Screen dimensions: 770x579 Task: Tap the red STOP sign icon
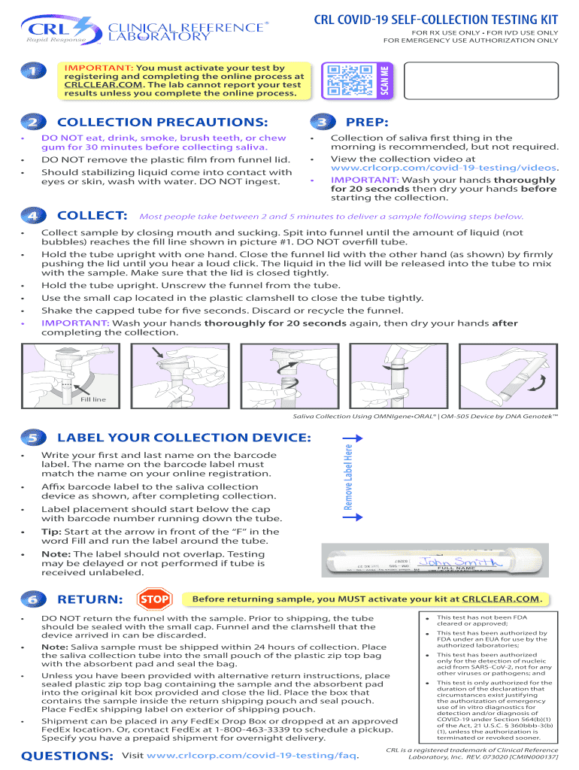(154, 599)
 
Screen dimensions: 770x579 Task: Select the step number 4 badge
(32, 217)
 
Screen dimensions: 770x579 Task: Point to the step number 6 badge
(32, 600)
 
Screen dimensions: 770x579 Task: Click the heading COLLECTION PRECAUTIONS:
(162, 123)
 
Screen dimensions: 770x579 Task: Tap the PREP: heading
(366, 123)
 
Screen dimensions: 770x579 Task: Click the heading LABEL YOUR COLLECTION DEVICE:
(184, 438)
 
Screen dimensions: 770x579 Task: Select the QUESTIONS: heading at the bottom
(68, 755)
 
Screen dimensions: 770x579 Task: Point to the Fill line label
(93, 399)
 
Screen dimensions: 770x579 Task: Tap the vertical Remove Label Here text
(348, 476)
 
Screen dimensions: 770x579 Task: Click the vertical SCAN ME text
(384, 80)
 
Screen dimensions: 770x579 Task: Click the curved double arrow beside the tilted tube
(536, 385)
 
